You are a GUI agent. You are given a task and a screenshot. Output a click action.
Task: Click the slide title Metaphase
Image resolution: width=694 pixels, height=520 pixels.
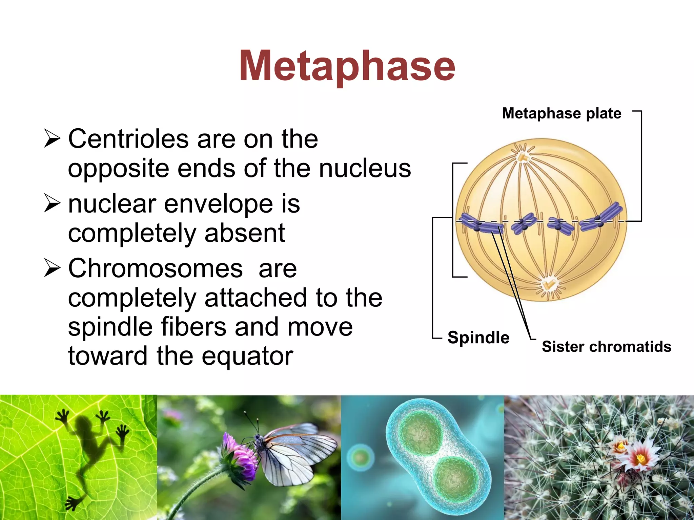pyautogui.click(x=347, y=66)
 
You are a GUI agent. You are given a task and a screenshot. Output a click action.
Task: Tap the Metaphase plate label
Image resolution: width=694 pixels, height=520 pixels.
pyautogui.click(x=562, y=113)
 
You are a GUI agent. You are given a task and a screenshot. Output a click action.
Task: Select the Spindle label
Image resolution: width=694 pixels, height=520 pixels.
pyautogui.click(x=478, y=338)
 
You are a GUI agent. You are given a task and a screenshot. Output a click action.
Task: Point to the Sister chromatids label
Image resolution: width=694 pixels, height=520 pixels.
pyautogui.click(x=606, y=347)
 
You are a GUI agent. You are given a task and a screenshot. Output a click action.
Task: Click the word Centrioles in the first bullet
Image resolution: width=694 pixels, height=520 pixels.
pyautogui.click(x=128, y=139)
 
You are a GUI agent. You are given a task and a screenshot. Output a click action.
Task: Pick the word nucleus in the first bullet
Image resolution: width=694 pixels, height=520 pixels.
pyautogui.click(x=365, y=168)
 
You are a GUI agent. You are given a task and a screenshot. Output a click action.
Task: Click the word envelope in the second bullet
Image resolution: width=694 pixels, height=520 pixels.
pyautogui.click(x=218, y=204)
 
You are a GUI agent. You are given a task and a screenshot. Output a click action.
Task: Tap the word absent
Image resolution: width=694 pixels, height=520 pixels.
pyautogui.click(x=245, y=233)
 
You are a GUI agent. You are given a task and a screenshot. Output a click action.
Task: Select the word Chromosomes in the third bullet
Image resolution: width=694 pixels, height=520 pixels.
pyautogui.click(x=155, y=268)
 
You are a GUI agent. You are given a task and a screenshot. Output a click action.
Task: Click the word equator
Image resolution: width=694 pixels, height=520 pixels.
pyautogui.click(x=247, y=356)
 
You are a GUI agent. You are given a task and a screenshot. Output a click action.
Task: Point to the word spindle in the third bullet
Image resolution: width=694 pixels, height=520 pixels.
pyautogui.click(x=110, y=327)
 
